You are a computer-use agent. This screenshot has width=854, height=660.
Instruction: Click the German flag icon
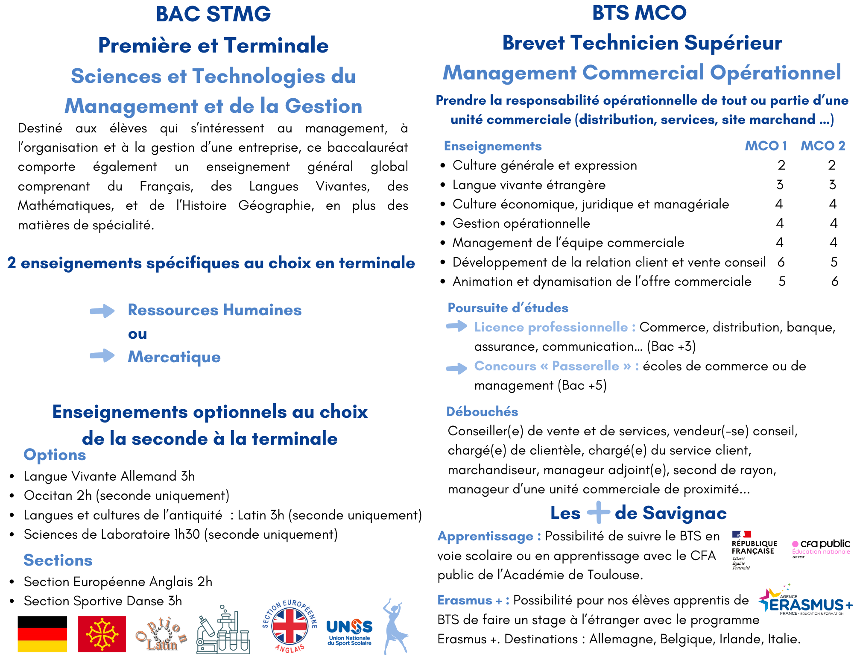42,634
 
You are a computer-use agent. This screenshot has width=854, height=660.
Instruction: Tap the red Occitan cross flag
102,634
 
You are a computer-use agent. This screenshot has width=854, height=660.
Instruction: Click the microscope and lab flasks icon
223,631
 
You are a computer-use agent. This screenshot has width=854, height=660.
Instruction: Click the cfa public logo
821,548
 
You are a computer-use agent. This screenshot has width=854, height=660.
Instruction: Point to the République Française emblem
754,549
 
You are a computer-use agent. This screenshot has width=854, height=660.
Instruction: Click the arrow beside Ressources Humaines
102,311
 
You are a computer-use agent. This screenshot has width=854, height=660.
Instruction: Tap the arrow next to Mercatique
102,355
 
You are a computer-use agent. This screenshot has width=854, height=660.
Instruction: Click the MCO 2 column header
823,146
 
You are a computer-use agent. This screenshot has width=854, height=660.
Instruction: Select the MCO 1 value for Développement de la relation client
781,262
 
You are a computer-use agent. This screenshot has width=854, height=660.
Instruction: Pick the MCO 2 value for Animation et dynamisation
834,281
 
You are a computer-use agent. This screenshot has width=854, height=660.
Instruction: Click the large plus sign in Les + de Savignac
598,512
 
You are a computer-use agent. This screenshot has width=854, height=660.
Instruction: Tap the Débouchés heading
482,411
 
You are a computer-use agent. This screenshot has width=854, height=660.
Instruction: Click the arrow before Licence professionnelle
456,326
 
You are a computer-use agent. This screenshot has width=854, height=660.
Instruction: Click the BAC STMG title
213,14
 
